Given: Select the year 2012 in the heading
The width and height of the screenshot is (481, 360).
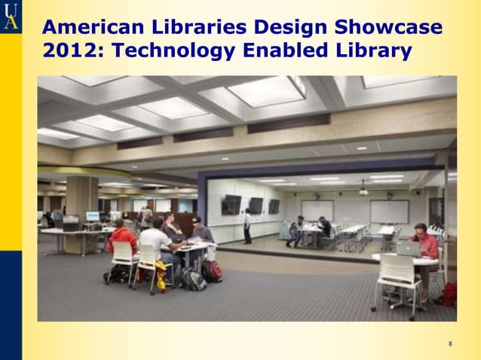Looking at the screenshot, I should [61, 51].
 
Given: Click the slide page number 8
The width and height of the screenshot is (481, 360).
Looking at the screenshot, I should [450, 344].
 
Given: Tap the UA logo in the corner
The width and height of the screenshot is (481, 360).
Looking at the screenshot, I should [11, 16].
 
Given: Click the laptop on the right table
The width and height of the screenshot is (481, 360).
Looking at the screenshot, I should [407, 249].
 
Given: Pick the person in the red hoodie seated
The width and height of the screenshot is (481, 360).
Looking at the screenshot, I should [122, 239].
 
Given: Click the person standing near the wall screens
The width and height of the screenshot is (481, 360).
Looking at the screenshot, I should [247, 225].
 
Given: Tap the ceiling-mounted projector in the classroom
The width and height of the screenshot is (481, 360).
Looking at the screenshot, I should [363, 191].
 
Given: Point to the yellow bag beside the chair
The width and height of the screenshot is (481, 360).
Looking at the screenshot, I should [161, 276].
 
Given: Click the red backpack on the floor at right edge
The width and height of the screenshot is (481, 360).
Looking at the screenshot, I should [449, 293].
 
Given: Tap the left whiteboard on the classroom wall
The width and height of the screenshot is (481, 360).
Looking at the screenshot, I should [317, 210].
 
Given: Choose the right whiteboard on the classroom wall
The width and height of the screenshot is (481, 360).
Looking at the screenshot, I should [389, 211].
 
